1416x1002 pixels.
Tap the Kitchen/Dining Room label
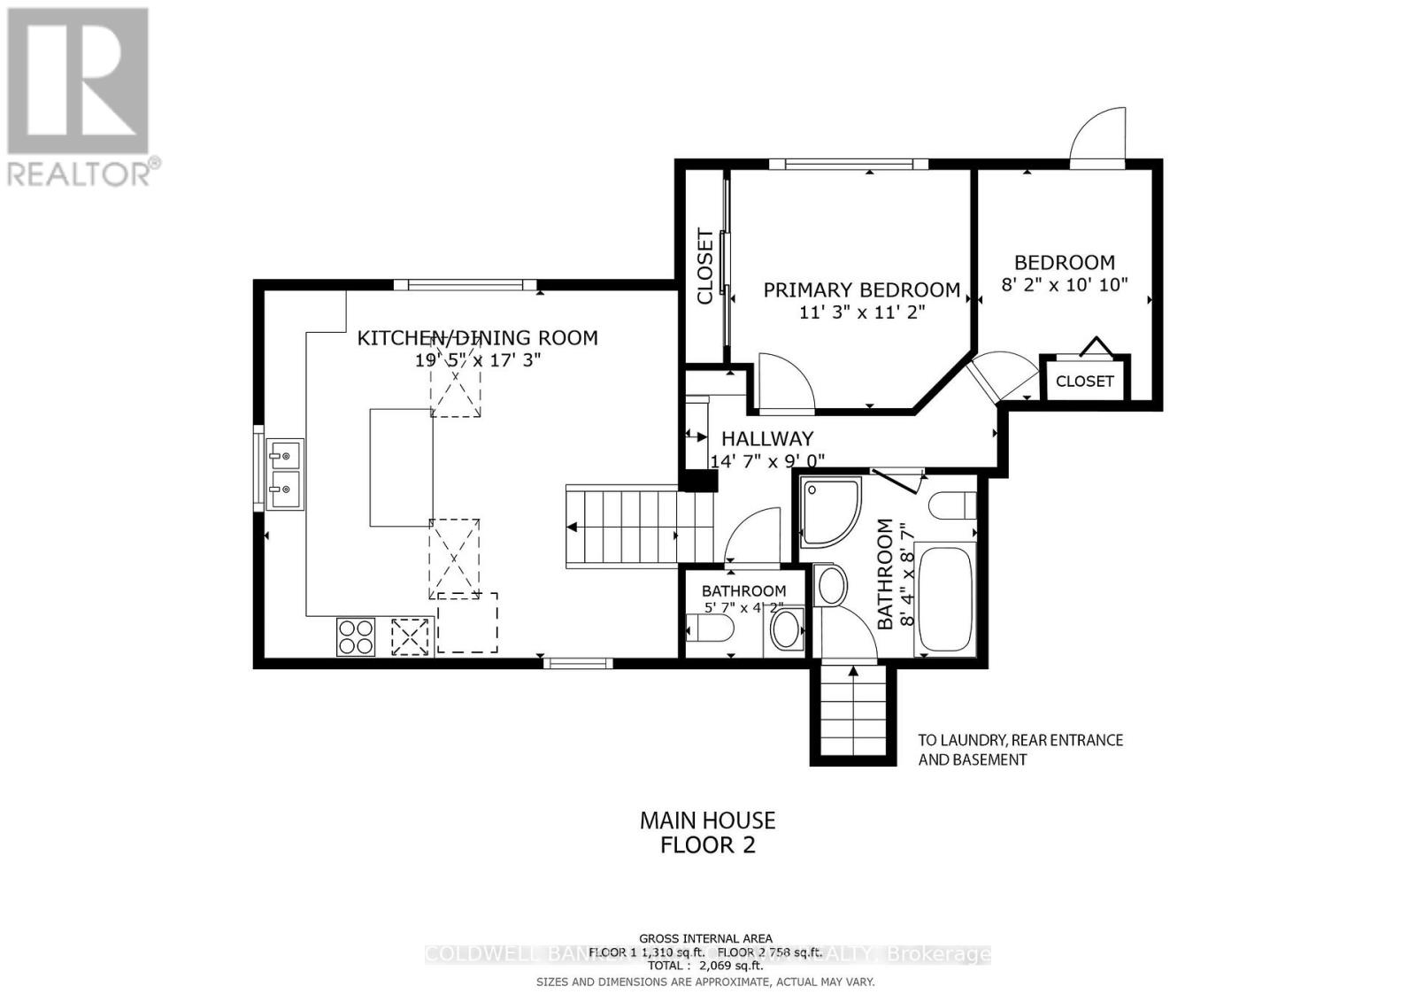point(477,337)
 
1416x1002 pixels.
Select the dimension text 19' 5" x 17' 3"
point(477,360)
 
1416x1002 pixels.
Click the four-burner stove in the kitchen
point(355,636)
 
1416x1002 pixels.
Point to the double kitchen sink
point(285,474)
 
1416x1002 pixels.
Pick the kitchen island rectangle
point(401,467)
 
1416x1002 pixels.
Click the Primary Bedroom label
point(861,289)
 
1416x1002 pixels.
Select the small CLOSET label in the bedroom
point(1084,381)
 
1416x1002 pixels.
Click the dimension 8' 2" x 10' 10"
point(1064,285)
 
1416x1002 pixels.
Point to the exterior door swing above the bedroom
point(1098,137)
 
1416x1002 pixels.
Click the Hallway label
point(766,438)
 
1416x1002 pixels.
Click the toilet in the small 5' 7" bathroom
point(711,630)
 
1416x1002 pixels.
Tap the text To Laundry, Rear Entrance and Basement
point(1020,749)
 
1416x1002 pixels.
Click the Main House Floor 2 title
point(707,833)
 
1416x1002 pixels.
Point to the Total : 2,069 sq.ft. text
point(705,966)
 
